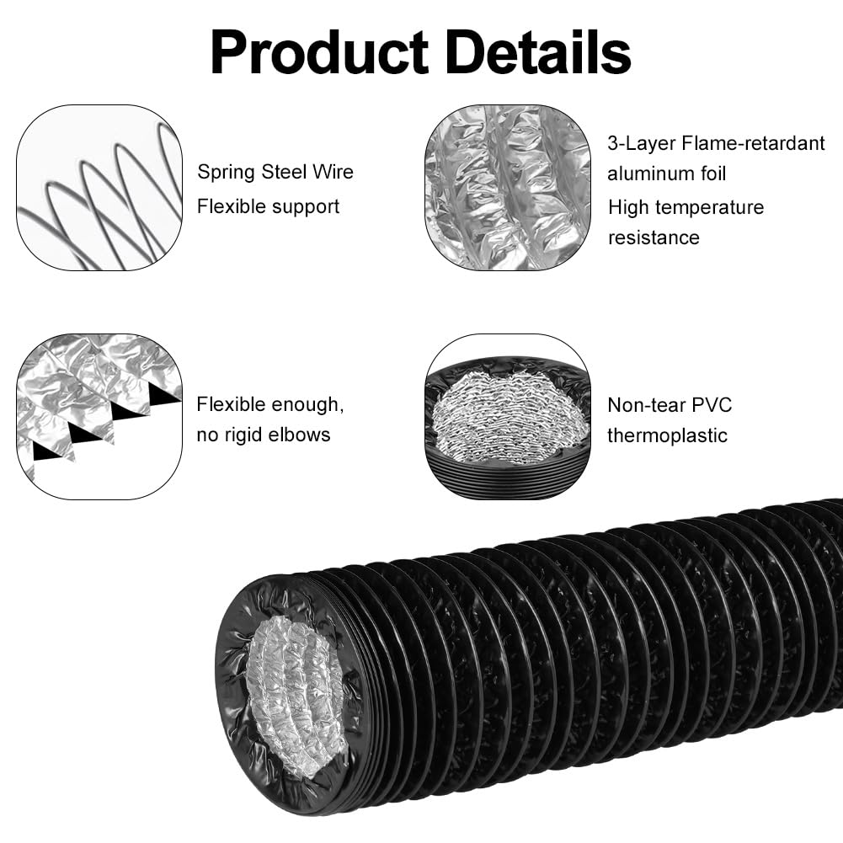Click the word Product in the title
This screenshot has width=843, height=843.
320,53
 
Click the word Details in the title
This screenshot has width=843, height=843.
538,51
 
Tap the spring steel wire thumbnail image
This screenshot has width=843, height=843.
99,188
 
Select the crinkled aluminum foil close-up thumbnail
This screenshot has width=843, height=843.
508,188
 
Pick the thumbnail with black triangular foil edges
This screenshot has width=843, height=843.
99,417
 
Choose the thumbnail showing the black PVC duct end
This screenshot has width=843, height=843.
508,417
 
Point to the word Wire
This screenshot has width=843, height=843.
333,172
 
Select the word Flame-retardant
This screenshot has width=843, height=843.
753,143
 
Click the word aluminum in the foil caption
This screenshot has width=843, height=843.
645,173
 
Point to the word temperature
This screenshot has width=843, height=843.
710,208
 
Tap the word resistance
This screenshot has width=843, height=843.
654,237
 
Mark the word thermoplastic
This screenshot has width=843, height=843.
667,436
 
